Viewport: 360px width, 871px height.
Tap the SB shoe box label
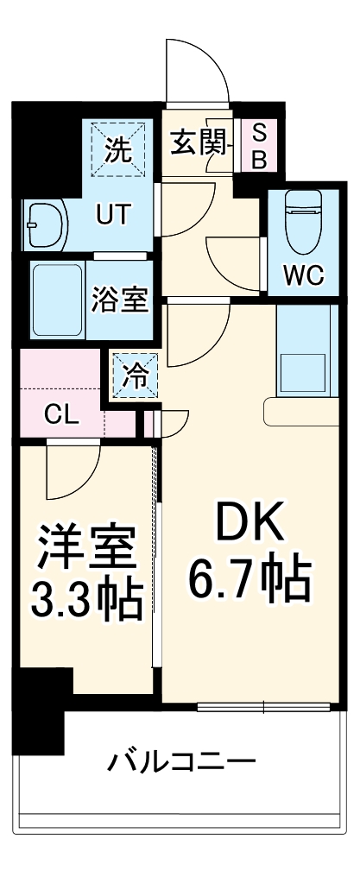point(259,146)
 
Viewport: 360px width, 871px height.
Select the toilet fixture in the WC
point(304,217)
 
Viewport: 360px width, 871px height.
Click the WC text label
point(304,276)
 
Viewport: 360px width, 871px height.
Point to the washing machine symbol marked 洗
point(120,150)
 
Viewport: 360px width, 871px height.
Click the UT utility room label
point(114,215)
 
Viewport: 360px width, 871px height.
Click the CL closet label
point(61,413)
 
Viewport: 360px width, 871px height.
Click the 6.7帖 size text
point(249,582)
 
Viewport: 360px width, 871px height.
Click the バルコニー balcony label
point(181,762)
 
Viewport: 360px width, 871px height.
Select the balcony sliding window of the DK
point(264,707)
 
